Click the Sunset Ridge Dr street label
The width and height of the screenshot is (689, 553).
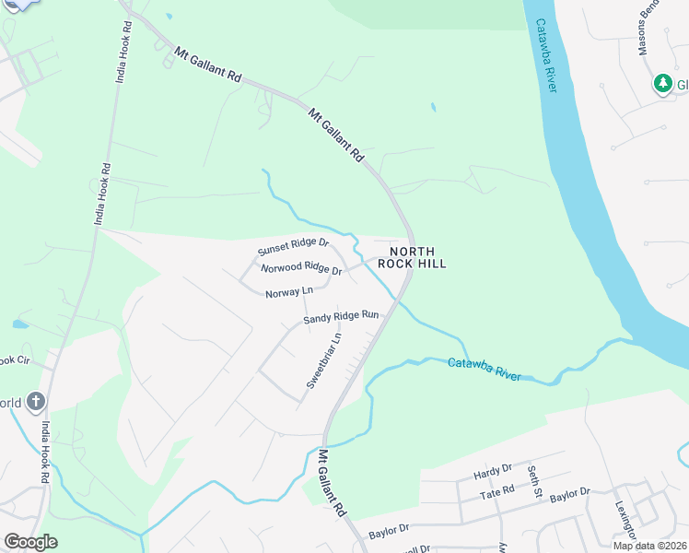pyautogui.click(x=293, y=246)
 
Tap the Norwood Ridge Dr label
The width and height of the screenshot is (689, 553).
pyautogui.click(x=301, y=269)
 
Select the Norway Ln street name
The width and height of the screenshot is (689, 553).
pyautogui.click(x=289, y=292)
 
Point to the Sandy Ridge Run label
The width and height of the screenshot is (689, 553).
pyautogui.click(x=342, y=316)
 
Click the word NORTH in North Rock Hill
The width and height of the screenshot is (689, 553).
pyautogui.click(x=411, y=252)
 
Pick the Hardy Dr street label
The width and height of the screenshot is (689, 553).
pyautogui.click(x=492, y=473)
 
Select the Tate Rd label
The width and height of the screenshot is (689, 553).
pyautogui.click(x=496, y=492)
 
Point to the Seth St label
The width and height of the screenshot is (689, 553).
pyautogui.click(x=533, y=482)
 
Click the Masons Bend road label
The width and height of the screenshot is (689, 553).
pyautogui.click(x=648, y=28)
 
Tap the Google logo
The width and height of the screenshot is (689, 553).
pyautogui.click(x=30, y=542)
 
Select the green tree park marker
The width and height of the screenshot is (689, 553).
pyautogui.click(x=662, y=85)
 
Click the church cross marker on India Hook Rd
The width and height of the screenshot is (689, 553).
pyautogui.click(x=35, y=401)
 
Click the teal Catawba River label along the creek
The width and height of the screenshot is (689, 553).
pyautogui.click(x=485, y=370)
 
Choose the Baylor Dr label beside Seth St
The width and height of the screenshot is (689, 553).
pyautogui.click(x=569, y=494)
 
